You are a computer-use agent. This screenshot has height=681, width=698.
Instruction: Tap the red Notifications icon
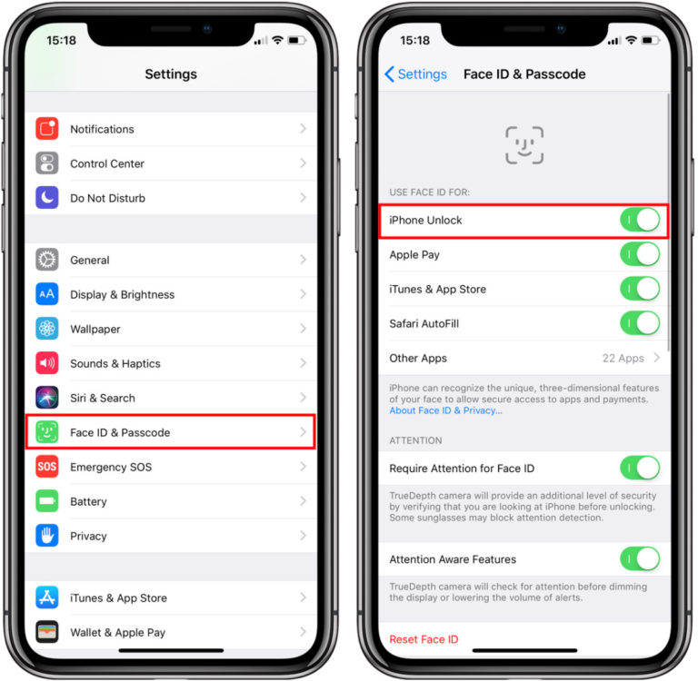click(x=47, y=129)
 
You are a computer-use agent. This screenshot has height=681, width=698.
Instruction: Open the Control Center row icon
click(x=47, y=163)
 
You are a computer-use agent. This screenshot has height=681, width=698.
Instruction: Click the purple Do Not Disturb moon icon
click(x=47, y=198)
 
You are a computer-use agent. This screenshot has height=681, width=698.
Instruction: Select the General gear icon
click(x=47, y=260)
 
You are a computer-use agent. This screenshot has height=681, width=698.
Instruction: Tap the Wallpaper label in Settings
click(x=95, y=329)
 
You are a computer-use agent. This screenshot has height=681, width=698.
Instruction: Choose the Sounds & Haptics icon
click(x=47, y=363)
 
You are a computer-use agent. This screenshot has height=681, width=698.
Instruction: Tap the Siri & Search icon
click(x=47, y=398)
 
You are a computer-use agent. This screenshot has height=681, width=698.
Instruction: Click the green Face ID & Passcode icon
click(x=47, y=432)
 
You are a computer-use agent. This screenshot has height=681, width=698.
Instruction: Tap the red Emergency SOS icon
click(x=47, y=467)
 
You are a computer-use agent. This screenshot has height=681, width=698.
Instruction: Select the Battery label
click(x=88, y=501)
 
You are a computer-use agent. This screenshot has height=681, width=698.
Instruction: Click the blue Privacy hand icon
click(x=47, y=536)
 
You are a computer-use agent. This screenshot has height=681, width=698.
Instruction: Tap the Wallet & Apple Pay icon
click(x=47, y=631)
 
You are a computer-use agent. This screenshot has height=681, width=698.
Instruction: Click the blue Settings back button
click(x=415, y=74)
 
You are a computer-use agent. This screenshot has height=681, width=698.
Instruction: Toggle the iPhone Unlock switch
click(x=639, y=221)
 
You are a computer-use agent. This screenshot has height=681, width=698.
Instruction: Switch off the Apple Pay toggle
click(x=639, y=255)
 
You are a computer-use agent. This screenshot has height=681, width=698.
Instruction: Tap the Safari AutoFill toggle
click(x=639, y=323)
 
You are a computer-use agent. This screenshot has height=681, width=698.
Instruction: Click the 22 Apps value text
click(x=623, y=358)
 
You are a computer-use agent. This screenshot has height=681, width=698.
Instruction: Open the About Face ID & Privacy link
click(x=445, y=410)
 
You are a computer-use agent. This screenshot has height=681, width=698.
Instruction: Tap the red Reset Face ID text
click(x=424, y=639)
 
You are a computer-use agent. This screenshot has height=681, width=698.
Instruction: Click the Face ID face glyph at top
click(x=524, y=145)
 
